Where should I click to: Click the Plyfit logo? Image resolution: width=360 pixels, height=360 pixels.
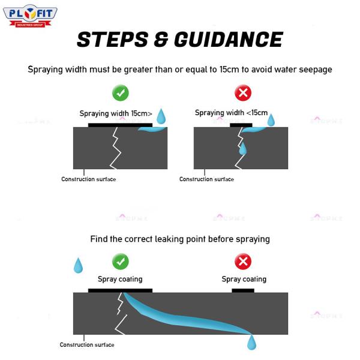30,16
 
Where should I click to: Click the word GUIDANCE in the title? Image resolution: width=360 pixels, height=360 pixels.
229,40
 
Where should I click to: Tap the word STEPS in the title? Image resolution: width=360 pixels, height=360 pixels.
113,40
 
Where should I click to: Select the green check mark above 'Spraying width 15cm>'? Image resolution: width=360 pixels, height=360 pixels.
121,93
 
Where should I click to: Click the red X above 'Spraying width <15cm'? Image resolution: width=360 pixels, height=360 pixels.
243,93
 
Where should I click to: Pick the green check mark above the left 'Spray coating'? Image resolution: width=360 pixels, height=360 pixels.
121,262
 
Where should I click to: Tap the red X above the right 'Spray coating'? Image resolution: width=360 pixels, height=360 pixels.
243,262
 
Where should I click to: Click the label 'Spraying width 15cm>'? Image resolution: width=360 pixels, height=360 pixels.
116,113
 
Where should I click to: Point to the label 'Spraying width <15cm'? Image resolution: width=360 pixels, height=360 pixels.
231,113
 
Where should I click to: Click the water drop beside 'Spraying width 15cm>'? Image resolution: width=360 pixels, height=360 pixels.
161,116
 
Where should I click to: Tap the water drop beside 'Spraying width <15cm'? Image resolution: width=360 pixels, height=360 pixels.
271,120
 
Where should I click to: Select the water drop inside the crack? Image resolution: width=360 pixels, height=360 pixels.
242,148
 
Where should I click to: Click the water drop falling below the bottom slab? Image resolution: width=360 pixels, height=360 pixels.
251,342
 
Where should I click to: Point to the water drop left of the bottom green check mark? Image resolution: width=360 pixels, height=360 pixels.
78,265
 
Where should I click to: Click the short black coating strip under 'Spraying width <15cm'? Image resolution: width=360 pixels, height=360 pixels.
241,125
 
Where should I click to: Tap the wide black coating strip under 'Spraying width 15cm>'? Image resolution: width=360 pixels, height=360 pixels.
121,125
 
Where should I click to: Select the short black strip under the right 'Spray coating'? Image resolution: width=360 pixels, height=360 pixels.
243,290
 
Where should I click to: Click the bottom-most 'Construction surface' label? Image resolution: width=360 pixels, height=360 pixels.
87,344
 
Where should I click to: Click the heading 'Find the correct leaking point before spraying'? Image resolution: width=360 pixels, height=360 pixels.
180,239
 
